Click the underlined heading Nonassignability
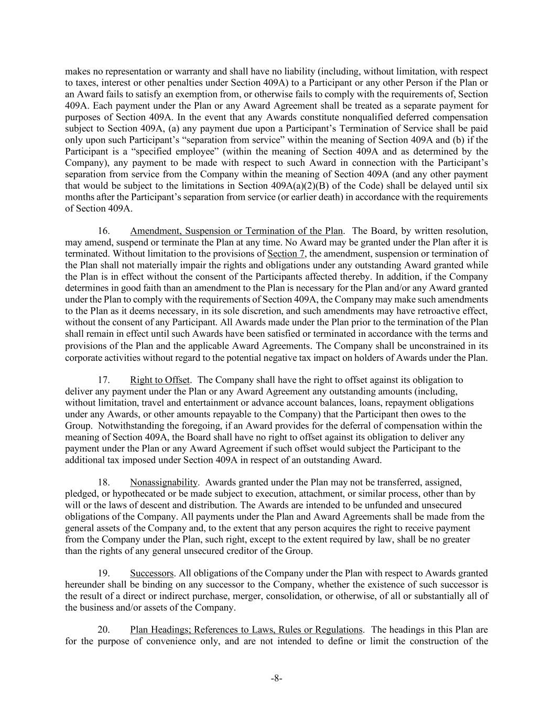click(x=164, y=482)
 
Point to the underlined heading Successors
click(x=151, y=573)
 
